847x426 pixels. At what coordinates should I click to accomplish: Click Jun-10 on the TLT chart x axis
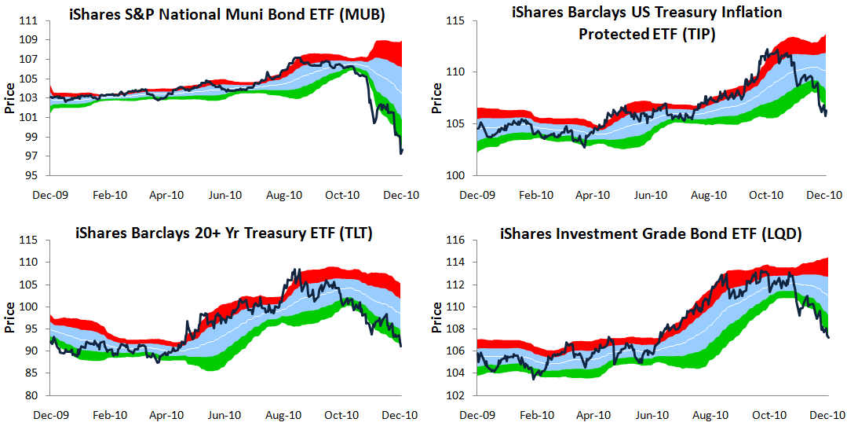pyautogui.click(x=225, y=414)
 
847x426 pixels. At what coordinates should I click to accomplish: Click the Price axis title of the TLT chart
pyautogui.click(x=10, y=318)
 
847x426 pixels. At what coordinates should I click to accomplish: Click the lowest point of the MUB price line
pyautogui.click(x=401, y=153)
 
